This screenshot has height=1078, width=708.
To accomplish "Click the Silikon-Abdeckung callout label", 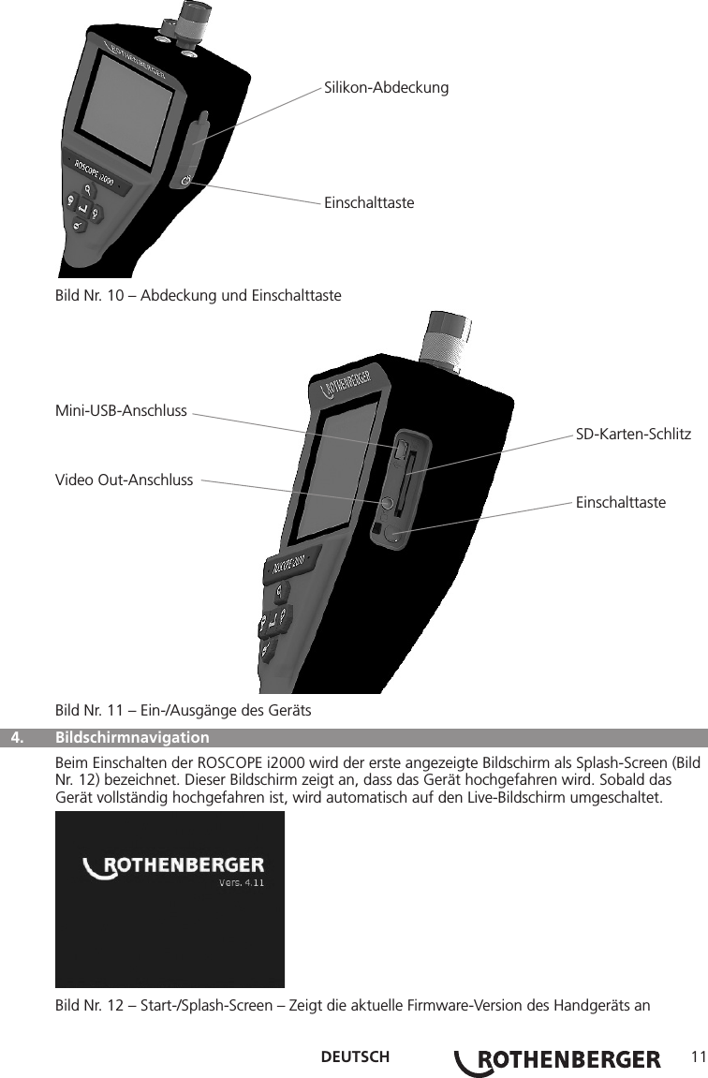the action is tap(386, 88).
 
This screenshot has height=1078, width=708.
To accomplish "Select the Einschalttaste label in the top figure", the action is tap(369, 202).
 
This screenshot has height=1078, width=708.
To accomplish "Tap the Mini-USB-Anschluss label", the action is tap(122, 410).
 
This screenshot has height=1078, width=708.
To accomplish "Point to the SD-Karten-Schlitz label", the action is tap(633, 435).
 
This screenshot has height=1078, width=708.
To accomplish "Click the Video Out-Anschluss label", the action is tap(125, 480).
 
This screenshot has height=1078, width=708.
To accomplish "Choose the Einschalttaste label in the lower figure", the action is tap(621, 503).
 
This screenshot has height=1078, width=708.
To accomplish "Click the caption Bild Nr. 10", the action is tap(199, 296).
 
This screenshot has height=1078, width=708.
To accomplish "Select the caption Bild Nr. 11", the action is tap(184, 711).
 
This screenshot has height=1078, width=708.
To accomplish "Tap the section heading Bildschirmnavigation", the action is tap(132, 736).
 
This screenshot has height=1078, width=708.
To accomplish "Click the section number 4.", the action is tap(18, 736).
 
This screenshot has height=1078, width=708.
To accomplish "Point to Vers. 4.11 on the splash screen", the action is tap(241, 882).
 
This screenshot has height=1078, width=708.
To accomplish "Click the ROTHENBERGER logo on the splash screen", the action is tap(174, 866).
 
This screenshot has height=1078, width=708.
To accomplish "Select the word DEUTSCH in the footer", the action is tap(355, 1058).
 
